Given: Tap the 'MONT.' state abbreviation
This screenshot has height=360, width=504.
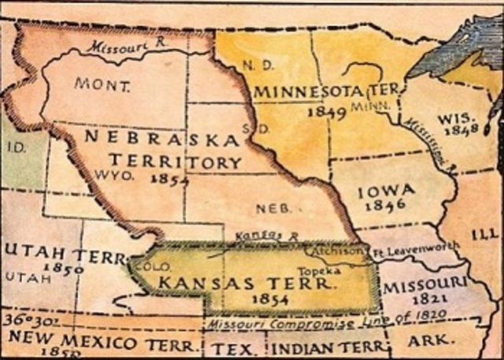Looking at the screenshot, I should pos(98,83).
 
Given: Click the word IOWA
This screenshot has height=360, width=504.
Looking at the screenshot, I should pos(381,191).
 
